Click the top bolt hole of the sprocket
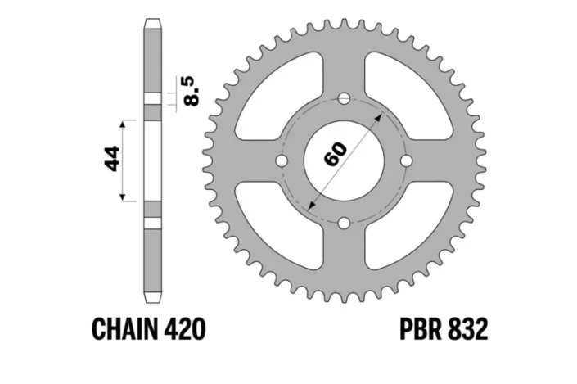345,99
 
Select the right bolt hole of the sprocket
406,161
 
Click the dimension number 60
336,153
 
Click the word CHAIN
134,330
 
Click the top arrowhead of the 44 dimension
124,123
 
